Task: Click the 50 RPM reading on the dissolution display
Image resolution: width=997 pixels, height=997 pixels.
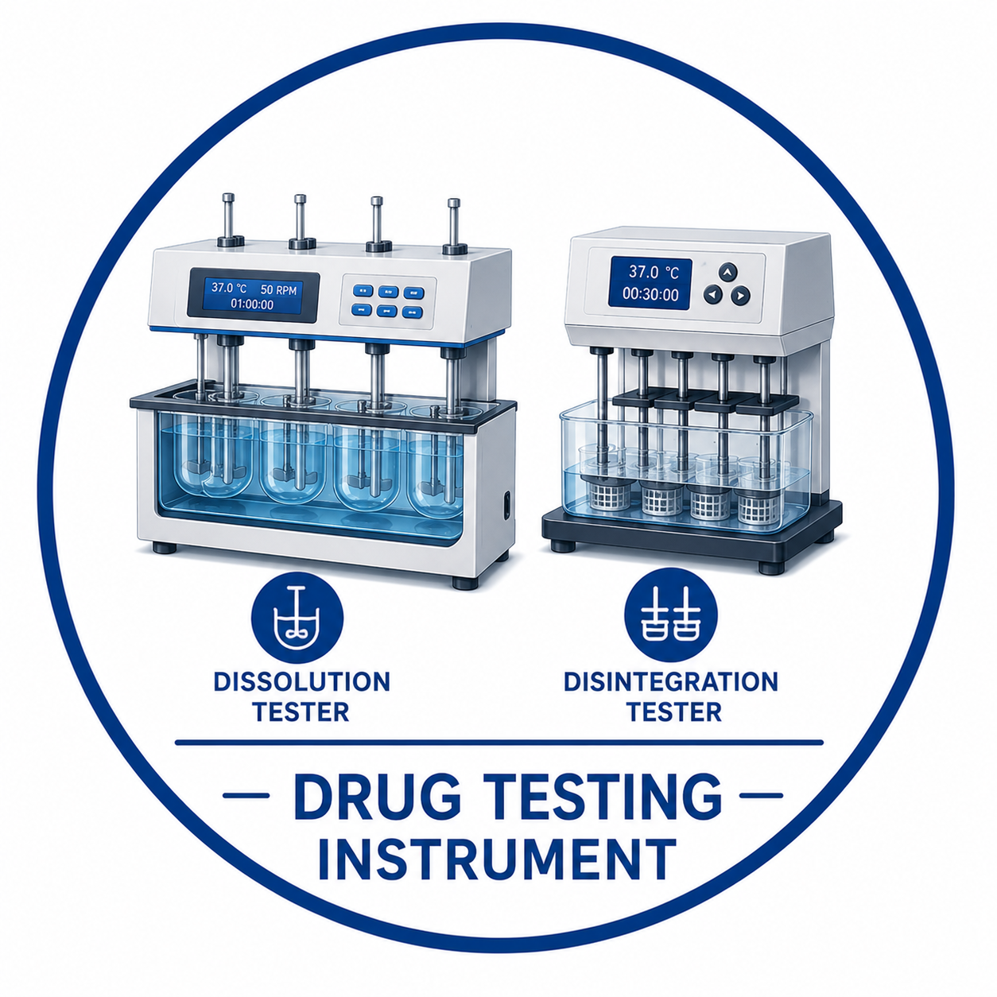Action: (x=278, y=289)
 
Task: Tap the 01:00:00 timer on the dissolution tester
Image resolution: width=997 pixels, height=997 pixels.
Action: (x=252, y=305)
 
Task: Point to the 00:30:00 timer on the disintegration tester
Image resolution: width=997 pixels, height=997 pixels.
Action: (x=650, y=294)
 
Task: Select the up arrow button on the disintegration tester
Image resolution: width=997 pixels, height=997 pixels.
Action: (x=728, y=271)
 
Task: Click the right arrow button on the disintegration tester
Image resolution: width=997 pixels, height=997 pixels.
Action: (x=740, y=295)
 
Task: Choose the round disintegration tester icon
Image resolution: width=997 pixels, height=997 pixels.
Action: (x=671, y=615)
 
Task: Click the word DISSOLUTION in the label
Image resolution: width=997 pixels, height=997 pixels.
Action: (x=301, y=682)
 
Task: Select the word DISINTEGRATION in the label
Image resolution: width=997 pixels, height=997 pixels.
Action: (x=671, y=681)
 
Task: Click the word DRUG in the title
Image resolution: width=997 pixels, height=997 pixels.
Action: (x=377, y=797)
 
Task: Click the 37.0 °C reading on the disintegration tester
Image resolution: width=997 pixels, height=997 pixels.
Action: (x=653, y=272)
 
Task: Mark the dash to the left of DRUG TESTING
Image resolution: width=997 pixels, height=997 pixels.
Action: (x=246, y=796)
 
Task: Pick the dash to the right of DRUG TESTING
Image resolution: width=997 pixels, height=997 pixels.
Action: (x=762, y=796)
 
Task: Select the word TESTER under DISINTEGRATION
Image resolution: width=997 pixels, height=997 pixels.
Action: (x=674, y=712)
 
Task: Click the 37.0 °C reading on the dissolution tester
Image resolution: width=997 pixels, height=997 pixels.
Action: (x=229, y=288)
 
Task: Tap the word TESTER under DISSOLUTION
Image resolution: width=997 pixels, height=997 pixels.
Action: (x=301, y=712)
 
